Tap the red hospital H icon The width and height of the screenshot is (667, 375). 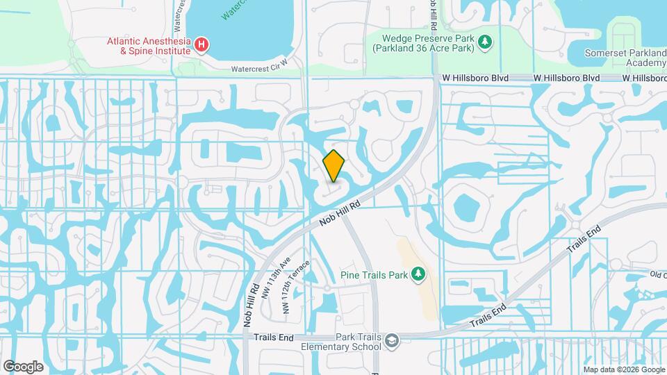(201, 45)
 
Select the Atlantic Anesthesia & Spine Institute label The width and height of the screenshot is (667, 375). (148, 46)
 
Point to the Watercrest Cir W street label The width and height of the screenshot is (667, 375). (259, 69)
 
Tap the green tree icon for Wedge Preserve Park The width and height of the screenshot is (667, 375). (485, 44)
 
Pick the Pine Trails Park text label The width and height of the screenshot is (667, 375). (374, 275)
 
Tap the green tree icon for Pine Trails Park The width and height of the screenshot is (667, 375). (418, 275)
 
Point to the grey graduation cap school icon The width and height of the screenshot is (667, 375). (392, 340)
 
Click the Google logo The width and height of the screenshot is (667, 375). (23, 366)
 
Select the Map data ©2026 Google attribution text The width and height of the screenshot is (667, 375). (623, 369)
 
